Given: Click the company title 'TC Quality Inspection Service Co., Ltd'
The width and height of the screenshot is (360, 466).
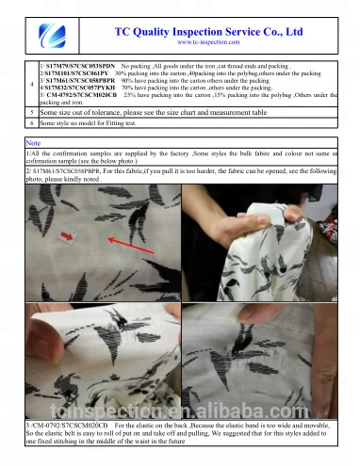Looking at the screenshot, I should [207, 31].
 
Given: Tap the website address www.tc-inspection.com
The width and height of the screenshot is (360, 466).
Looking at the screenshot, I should [207, 42].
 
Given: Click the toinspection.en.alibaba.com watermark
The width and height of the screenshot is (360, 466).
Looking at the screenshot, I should [180, 412].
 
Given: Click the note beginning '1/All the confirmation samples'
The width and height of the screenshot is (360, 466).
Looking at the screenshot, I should [179, 155].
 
